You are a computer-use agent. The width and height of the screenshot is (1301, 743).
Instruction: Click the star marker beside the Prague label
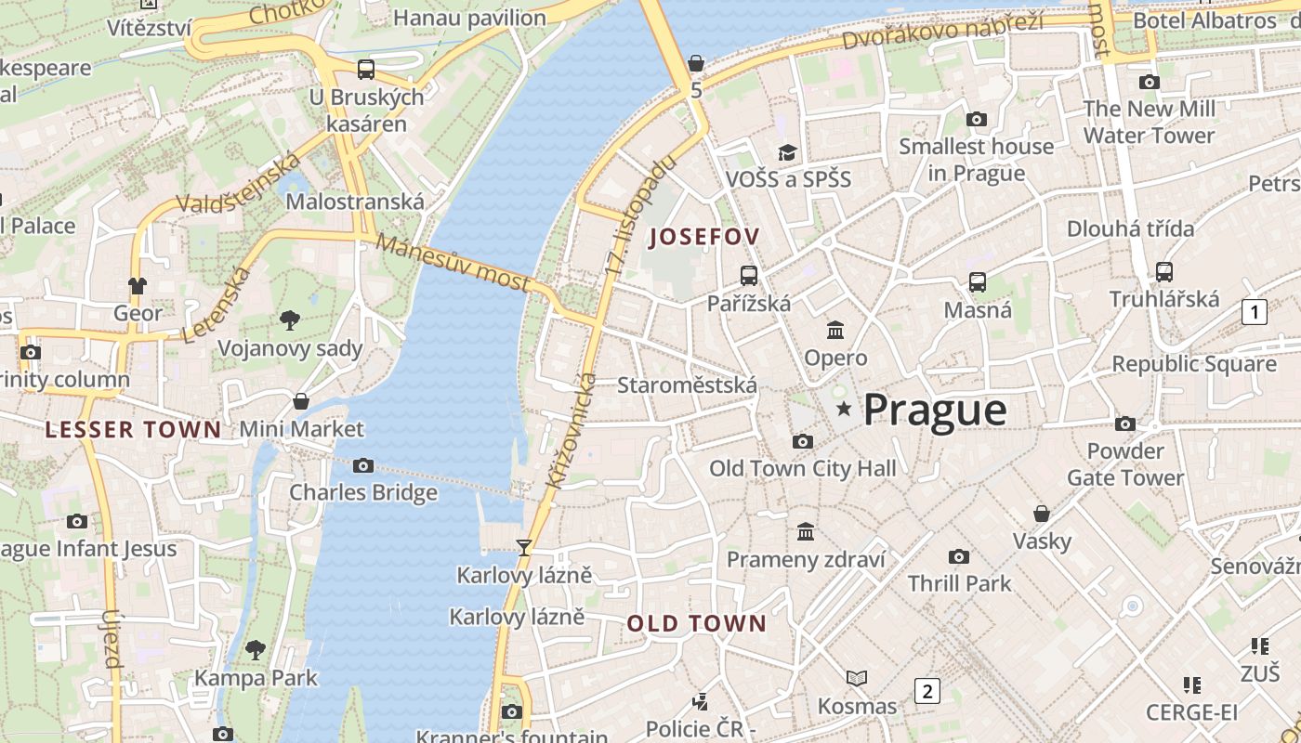point(844,409)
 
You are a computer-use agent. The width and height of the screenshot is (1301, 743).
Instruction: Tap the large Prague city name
point(935,410)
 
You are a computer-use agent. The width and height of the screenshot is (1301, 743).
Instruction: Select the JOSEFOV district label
point(703,237)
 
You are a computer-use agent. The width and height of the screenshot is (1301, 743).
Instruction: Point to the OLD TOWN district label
point(696,623)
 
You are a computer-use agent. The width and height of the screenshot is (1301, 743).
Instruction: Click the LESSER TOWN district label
point(134,429)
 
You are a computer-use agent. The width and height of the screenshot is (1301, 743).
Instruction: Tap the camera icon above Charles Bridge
point(363,465)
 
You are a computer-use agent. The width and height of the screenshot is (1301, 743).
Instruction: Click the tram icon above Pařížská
point(748,276)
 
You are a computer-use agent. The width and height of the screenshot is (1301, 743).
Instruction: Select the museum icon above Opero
point(835,331)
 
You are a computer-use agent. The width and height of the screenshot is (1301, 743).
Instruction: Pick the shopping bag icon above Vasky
point(1042,514)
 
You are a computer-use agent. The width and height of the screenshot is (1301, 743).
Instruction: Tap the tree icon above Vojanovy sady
point(289,321)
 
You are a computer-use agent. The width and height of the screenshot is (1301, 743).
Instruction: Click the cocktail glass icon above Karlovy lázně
point(524,548)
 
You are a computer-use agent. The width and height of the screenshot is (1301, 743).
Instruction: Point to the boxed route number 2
point(926,690)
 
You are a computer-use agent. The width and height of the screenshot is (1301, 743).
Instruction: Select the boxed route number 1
point(1254,311)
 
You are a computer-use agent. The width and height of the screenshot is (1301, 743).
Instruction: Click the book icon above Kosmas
point(857,679)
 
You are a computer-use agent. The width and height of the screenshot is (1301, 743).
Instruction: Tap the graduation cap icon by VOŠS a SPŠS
point(787,152)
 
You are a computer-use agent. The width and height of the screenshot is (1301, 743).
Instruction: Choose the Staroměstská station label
point(687,385)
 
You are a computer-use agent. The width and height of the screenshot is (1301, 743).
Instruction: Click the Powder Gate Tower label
point(1125,464)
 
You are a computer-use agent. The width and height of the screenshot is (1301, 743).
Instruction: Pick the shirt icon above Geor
point(138,285)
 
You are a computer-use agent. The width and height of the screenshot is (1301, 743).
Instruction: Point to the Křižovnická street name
point(572,431)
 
